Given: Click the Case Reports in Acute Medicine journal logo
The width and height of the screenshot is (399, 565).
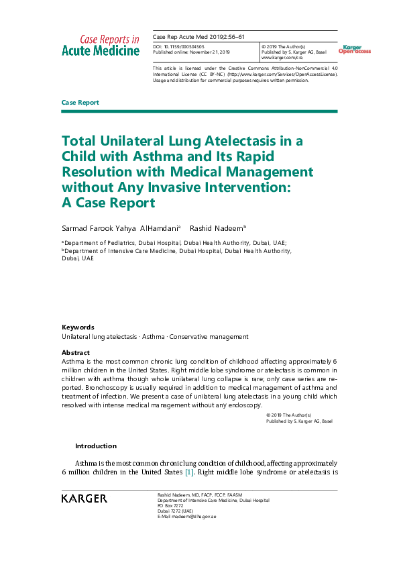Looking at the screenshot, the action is click(x=101, y=45).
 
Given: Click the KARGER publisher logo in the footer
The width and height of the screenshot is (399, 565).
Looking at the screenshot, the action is click(x=84, y=498).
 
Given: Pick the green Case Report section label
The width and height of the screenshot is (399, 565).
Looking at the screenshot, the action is click(x=80, y=103).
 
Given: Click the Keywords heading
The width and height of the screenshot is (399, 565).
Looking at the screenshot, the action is click(x=78, y=327).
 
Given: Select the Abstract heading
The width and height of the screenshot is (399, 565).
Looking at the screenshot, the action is click(x=76, y=352).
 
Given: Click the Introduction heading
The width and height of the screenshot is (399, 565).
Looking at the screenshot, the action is click(x=95, y=446).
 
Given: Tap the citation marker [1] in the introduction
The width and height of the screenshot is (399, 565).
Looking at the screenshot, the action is click(x=189, y=472).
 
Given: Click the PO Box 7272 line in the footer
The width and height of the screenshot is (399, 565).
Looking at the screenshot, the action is click(x=170, y=505).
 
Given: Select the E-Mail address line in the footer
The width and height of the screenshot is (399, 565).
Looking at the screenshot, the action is click(x=187, y=516).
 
